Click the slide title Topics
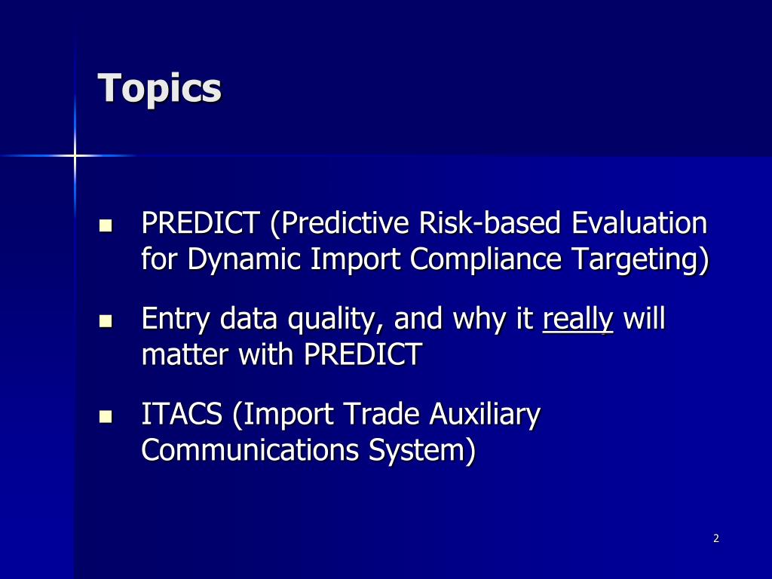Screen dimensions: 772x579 (160, 89)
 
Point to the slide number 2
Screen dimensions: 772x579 (716, 538)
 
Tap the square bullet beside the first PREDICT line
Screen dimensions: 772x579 (106, 225)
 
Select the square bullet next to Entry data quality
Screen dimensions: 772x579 (106, 321)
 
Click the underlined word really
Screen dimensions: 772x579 (577, 320)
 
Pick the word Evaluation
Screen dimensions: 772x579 (639, 222)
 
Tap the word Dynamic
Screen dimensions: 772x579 (244, 259)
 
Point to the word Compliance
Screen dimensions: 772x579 (486, 259)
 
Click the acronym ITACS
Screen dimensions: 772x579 (182, 414)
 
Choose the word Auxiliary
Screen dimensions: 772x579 (485, 415)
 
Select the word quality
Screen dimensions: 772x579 (332, 320)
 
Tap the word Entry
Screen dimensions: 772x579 (176, 320)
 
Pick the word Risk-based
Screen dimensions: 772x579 (489, 222)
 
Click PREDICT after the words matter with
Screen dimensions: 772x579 (363, 354)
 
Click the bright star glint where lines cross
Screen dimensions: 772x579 (75, 155)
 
